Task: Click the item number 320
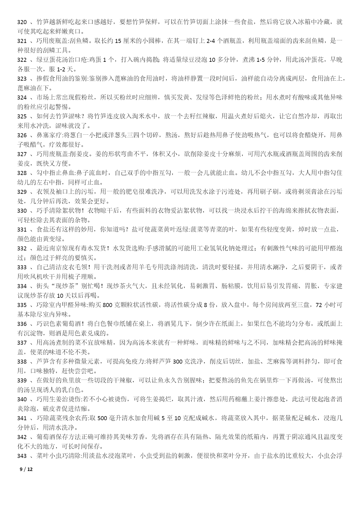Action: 22,22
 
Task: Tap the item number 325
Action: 22,116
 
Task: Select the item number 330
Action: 22,211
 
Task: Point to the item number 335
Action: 22,305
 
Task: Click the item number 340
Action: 22,399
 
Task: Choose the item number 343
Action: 22,456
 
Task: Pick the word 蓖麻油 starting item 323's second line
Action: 27,88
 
